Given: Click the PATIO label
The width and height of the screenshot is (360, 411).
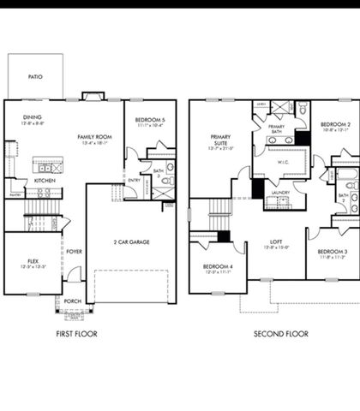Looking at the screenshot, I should pos(35,76).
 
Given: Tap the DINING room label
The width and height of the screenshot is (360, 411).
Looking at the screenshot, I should pos(33,118).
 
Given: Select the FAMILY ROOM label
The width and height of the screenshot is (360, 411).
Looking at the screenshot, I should pos(95,137).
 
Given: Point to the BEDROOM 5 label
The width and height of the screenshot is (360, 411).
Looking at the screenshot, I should pos(147,121).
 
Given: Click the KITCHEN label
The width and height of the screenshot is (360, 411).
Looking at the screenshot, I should pos(45,181).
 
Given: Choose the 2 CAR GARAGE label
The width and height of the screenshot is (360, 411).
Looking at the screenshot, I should pos(134,242).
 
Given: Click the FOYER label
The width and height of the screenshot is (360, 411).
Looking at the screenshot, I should pos(75,252).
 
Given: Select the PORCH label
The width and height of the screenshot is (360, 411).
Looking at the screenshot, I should pos(73,301).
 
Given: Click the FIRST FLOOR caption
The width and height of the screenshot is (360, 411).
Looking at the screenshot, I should pos(76,334).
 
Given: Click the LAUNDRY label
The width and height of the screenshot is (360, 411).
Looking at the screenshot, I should pos(280,194).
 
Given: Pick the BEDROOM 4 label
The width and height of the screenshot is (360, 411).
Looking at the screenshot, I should pos(217,267).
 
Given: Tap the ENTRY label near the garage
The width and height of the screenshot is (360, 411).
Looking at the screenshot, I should pos(135,180).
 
